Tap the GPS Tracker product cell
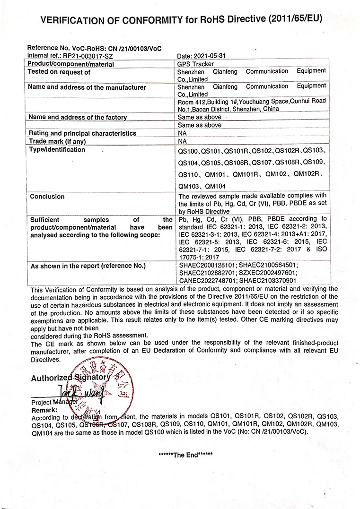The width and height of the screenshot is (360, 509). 196,64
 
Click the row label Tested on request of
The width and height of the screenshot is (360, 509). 59,72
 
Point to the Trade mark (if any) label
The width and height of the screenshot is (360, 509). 57,141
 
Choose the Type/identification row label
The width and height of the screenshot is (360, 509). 57,150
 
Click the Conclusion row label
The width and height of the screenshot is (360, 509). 47,196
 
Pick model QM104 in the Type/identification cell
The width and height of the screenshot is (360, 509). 216,186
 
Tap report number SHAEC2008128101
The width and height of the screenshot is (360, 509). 207,266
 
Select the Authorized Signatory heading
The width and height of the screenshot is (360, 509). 70,378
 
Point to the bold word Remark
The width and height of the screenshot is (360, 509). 44,410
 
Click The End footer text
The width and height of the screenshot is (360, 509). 185,455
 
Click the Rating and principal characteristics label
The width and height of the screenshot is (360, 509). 82,133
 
